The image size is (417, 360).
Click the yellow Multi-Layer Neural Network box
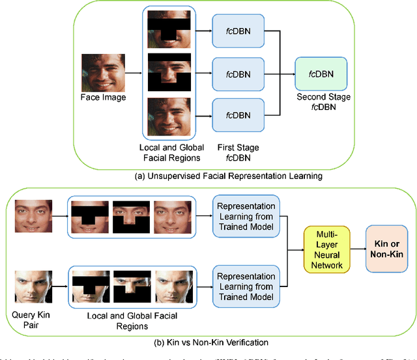pos(327,248)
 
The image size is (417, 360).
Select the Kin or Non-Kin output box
pos(388,248)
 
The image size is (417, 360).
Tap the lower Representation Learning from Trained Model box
pos(245,282)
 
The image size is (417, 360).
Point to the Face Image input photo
pos(102,73)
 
